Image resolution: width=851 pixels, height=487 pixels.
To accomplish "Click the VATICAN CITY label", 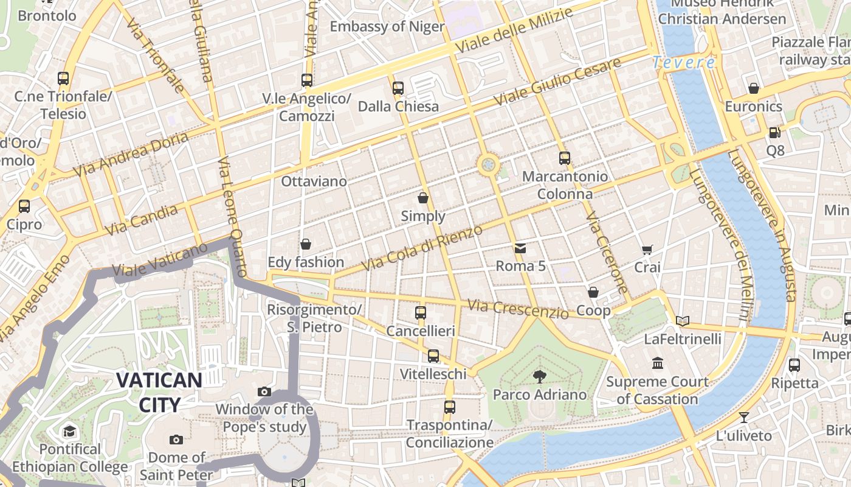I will pos(159,392).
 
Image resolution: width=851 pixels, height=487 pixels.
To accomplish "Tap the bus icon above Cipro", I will pos(24,206).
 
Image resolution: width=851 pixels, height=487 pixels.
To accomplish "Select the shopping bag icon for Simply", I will pos(423,198).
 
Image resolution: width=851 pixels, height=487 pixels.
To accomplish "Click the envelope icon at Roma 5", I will pos(520,248).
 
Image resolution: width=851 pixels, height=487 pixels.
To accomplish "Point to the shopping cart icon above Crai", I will pos(647,250).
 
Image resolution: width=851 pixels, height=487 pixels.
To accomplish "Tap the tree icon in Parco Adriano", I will pos(539,376).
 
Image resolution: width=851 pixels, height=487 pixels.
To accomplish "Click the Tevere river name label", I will pos(684,62).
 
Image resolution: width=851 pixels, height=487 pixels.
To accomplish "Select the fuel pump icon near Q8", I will pos(774,132).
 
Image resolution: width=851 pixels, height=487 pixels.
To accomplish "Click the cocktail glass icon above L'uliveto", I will pos(743,418).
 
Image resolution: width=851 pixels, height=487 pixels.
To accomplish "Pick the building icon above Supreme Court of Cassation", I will pos(657,363).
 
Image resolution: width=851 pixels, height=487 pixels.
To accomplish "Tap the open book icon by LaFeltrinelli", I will pos(683,321).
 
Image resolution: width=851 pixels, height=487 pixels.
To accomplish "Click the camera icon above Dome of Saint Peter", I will pos(176,440).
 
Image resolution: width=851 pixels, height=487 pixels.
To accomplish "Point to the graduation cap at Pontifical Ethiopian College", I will pos(70,432).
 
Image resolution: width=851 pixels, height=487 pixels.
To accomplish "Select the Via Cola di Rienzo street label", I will pos(422,248).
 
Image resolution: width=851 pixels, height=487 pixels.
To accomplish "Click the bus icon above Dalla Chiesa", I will pos(398,88).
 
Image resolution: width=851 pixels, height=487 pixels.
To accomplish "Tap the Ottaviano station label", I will pos(314,181).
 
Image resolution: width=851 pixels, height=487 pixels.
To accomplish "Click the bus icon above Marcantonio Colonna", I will pos(565,158).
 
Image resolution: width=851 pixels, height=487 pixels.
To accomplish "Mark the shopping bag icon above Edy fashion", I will pos(306,244).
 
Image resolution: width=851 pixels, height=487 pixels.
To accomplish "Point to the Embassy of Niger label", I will pos(387,27).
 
